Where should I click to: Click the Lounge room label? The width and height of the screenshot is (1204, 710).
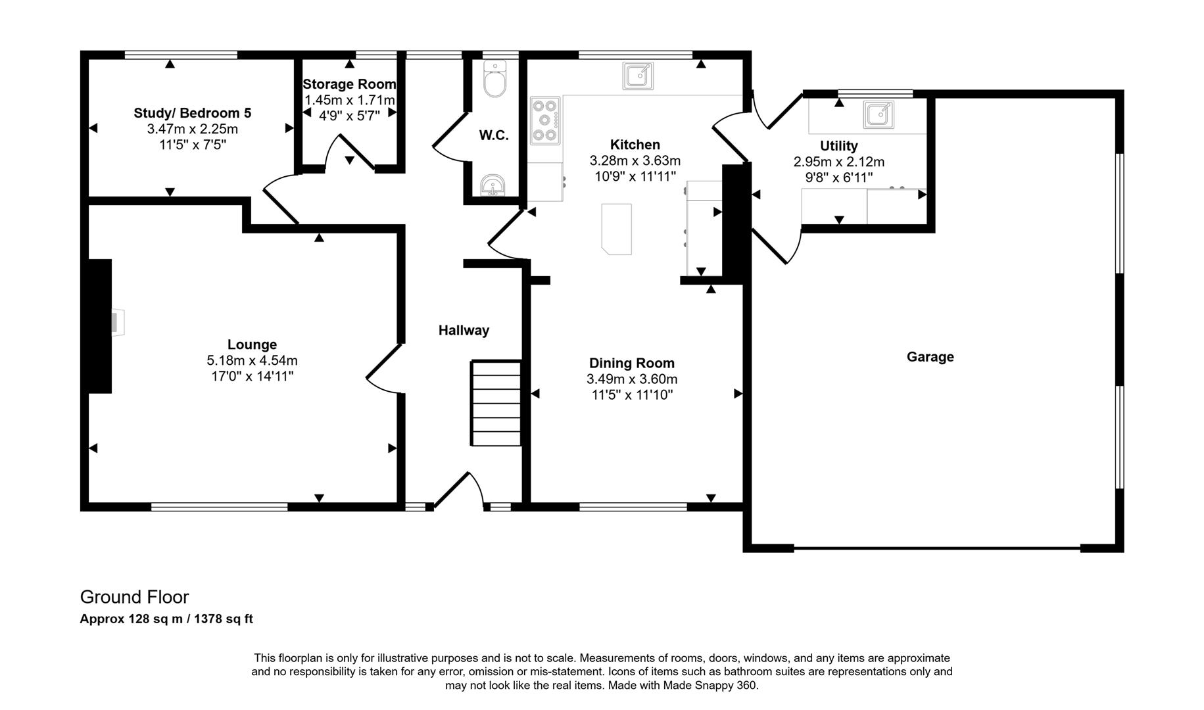[252, 344]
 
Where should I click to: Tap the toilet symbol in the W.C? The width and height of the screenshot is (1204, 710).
[494, 80]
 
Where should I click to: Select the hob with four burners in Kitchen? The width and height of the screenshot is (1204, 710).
[544, 120]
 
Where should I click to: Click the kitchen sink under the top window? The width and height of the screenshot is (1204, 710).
[637, 76]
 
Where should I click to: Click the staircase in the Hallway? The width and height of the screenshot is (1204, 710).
[496, 402]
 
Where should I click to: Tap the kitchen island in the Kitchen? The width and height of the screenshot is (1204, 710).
[617, 228]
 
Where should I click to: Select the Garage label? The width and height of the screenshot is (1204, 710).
[930, 357]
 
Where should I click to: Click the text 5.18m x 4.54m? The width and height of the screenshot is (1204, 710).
[252, 360]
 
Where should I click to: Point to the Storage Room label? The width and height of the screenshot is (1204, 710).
[349, 84]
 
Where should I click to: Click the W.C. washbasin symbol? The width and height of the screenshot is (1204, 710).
[493, 186]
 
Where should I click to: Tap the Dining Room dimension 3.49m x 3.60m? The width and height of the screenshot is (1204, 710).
[632, 379]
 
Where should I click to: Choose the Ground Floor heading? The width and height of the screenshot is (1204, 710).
[134, 597]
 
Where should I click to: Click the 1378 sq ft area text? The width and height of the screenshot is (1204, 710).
[224, 619]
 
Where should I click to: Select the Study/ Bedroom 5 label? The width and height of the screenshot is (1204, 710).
[192, 113]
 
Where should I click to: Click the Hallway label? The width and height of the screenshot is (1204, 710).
[464, 331]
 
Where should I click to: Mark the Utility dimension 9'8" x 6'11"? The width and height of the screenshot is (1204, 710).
[838, 177]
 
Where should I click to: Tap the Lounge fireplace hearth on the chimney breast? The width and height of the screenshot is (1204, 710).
[116, 323]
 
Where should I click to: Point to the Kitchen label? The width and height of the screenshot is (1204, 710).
[635, 145]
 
